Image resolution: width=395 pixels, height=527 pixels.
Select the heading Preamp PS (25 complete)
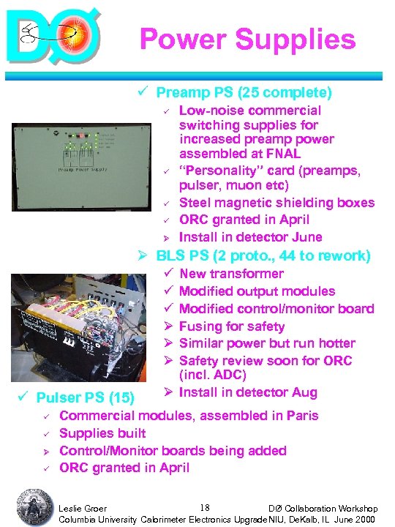pyautogui.click(x=244, y=93)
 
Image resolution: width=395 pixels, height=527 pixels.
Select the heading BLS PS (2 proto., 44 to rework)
pyautogui.click(x=263, y=256)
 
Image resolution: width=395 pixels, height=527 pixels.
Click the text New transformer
pyautogui.click(x=231, y=274)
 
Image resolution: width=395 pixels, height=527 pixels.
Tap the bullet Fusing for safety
pyautogui.click(x=232, y=326)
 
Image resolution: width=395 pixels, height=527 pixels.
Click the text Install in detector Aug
pyautogui.click(x=248, y=392)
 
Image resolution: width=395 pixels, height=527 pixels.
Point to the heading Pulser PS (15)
pyautogui.click(x=85, y=399)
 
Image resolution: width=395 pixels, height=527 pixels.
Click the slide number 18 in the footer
pyautogui.click(x=205, y=507)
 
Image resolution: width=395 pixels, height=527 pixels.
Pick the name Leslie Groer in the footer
pyautogui.click(x=82, y=508)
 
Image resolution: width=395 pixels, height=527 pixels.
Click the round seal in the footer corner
pyautogui.click(x=32, y=505)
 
